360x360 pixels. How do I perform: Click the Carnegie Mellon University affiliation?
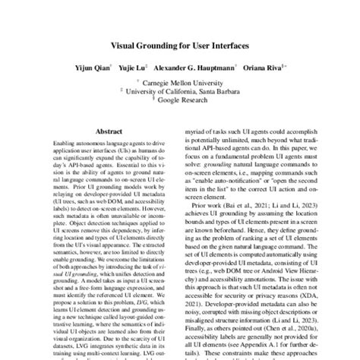click(x=185, y=81)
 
